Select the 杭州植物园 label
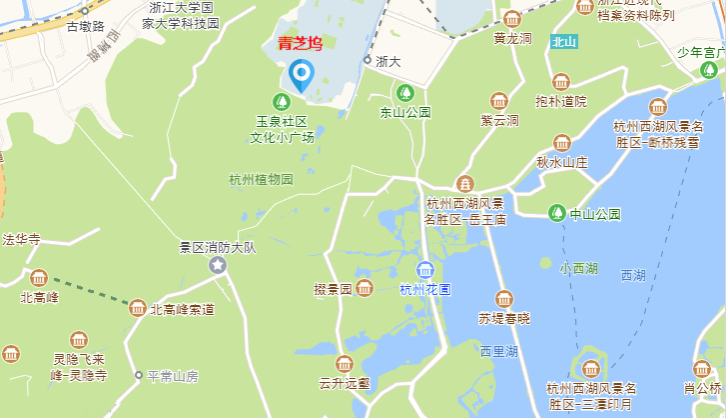pos(261,180)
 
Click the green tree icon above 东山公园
pos(403,93)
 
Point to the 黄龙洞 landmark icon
pos(512,20)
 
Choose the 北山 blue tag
pos(563,42)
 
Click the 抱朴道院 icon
pos(561,82)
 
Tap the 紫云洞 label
pos(499,120)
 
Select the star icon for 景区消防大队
pos(218,265)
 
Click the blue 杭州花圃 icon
pos(425,270)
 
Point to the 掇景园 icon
pos(365,289)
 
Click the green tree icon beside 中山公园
pos(557,212)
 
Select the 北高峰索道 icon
pos(138,308)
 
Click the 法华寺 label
pos(21,239)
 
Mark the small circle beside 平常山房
pos(139,376)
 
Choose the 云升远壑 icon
pos(345,363)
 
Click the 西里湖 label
pos(497,351)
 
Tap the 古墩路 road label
pos(85,25)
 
